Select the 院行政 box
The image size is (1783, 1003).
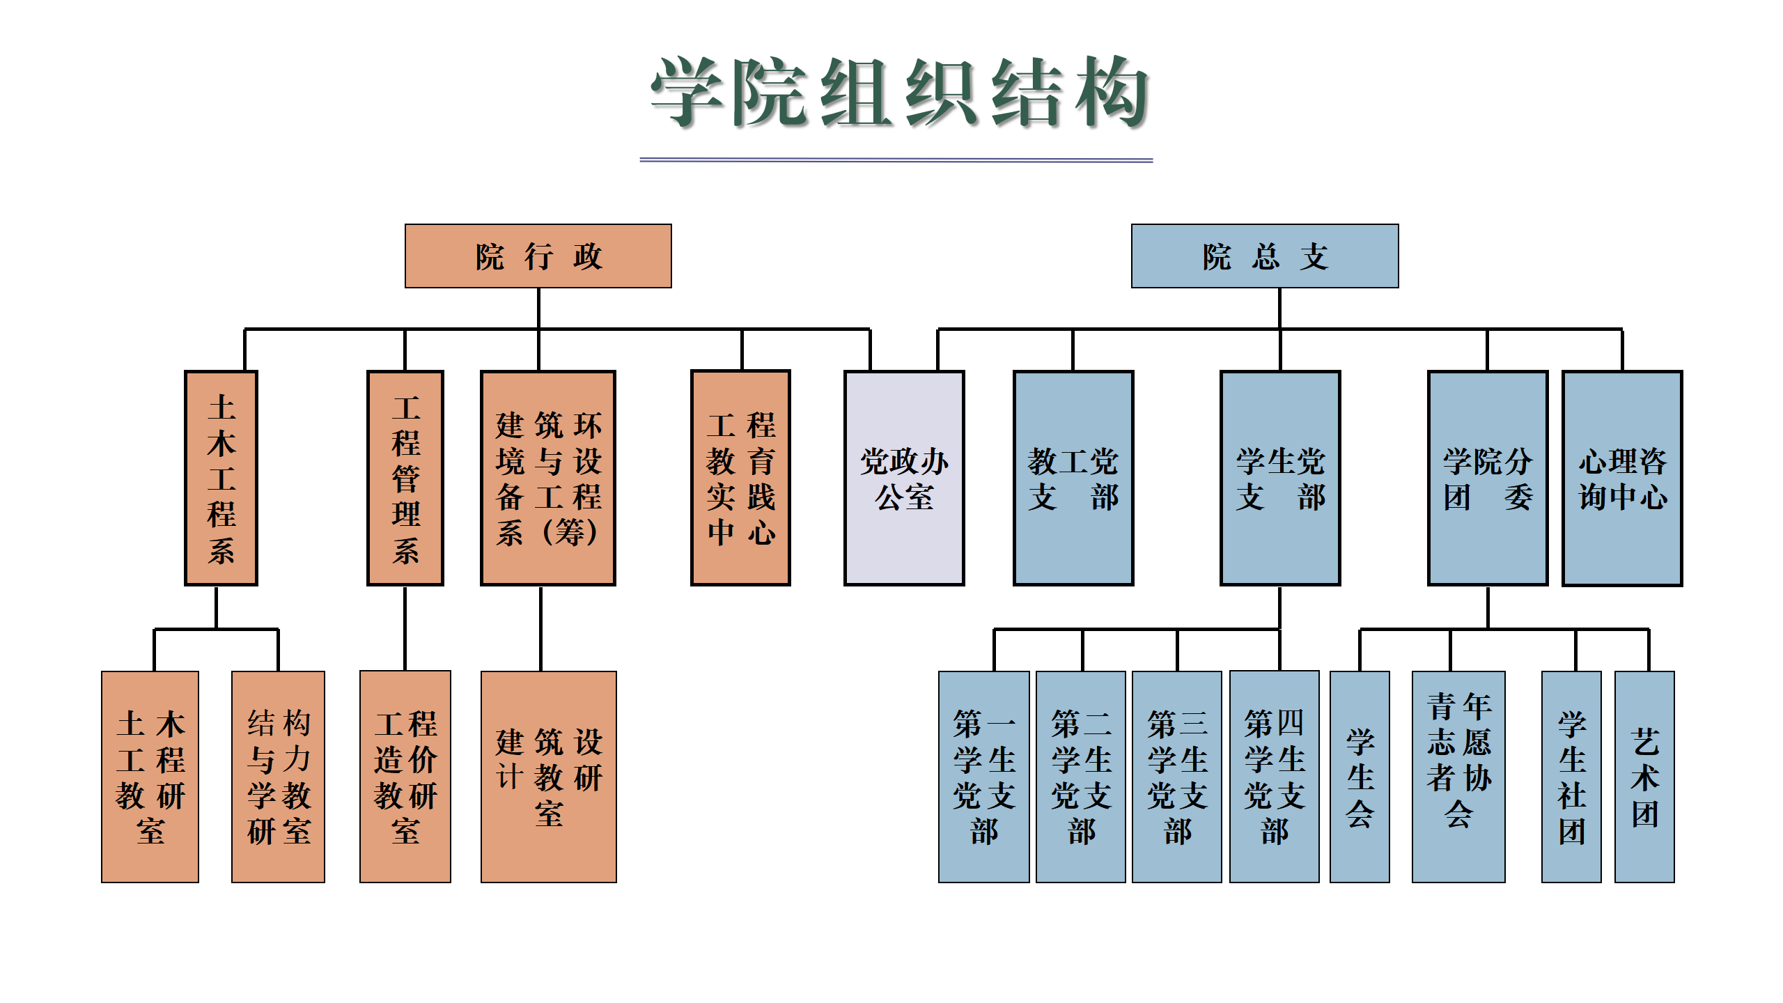(538, 256)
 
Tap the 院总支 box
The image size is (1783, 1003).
(1264, 256)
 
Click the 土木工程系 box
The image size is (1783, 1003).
(221, 478)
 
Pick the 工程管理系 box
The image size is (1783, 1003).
(405, 478)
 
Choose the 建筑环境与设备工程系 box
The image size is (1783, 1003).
(548, 478)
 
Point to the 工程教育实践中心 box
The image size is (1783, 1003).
(740, 478)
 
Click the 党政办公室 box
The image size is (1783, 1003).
(904, 478)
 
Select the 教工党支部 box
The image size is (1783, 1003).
(1073, 478)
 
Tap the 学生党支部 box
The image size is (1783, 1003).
(1280, 478)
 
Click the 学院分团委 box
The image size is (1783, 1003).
(1488, 478)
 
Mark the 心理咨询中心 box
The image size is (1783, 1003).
(1622, 478)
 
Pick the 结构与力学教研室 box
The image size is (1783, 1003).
(278, 777)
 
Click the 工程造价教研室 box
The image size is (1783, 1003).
(405, 777)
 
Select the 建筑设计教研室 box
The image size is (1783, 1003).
(548, 777)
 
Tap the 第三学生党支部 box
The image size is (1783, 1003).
(1176, 777)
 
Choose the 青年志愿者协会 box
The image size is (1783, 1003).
(1458, 777)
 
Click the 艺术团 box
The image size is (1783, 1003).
(1644, 777)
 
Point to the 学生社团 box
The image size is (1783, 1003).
(1571, 777)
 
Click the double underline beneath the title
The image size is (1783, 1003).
(896, 160)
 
